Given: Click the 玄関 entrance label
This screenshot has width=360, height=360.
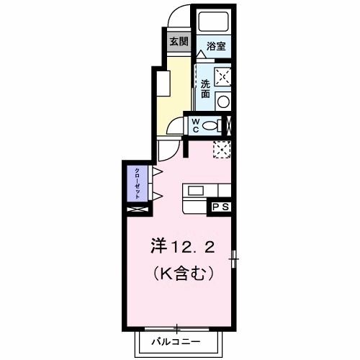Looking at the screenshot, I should point(178,41).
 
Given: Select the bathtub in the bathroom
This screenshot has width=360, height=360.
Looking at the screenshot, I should point(212,21).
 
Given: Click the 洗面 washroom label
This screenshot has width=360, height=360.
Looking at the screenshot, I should point(205,88).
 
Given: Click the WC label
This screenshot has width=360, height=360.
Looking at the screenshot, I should point(194,126).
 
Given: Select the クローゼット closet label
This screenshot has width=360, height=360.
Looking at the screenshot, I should point(136,184).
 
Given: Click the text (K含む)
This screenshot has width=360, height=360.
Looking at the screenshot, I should point(183,274).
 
